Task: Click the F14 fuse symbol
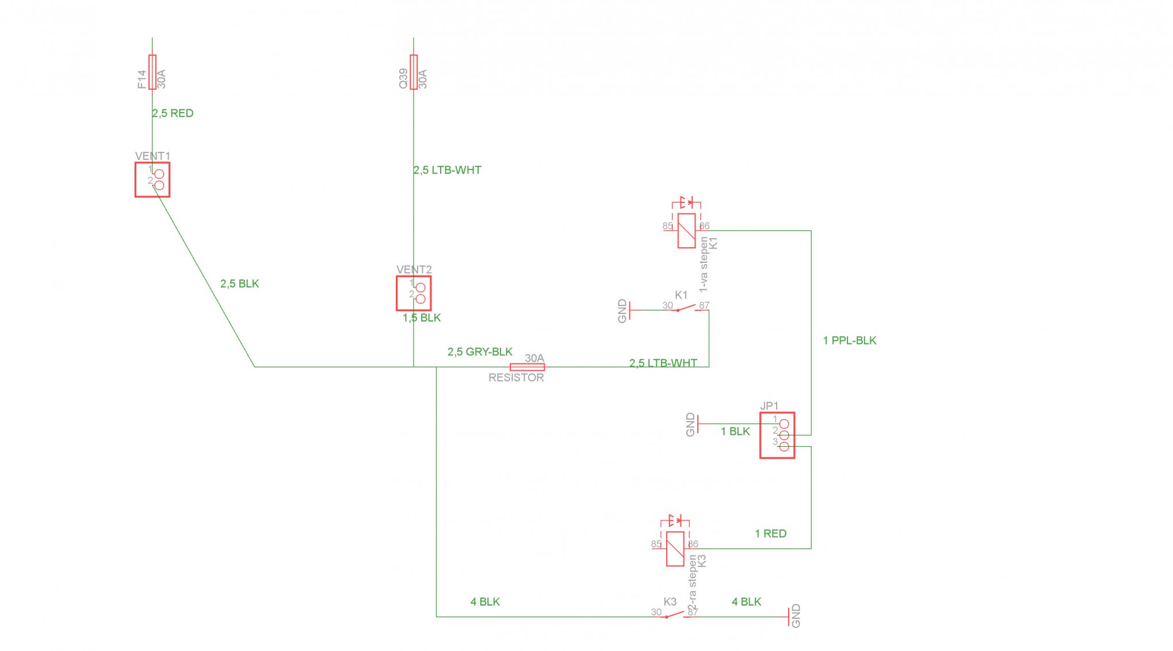152,72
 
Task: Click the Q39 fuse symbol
414,72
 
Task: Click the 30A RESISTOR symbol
528,367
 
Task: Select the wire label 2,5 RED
173,113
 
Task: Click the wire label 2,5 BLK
239,284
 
